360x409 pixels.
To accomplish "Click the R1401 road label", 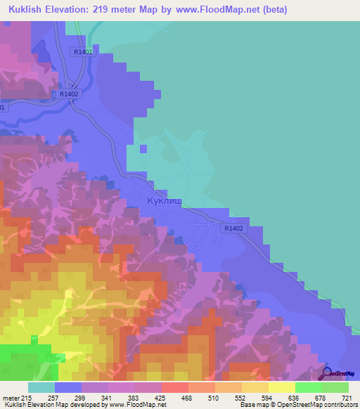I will pyautogui.click(x=82, y=52).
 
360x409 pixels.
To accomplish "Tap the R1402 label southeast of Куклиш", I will pyautogui.click(x=234, y=228).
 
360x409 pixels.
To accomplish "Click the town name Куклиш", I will pyautogui.click(x=165, y=201).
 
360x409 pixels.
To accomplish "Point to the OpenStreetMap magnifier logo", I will pyautogui.click(x=328, y=376).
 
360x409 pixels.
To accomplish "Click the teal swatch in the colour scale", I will pyautogui.click(x=41, y=387).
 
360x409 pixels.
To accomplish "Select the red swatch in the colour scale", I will pyautogui.click(x=174, y=387).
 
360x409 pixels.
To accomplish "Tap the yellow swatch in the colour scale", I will pyautogui.click(x=281, y=387).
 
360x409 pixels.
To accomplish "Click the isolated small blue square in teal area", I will pyautogui.click(x=143, y=148).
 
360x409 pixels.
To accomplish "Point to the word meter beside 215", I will pyautogui.click(x=11, y=396).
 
